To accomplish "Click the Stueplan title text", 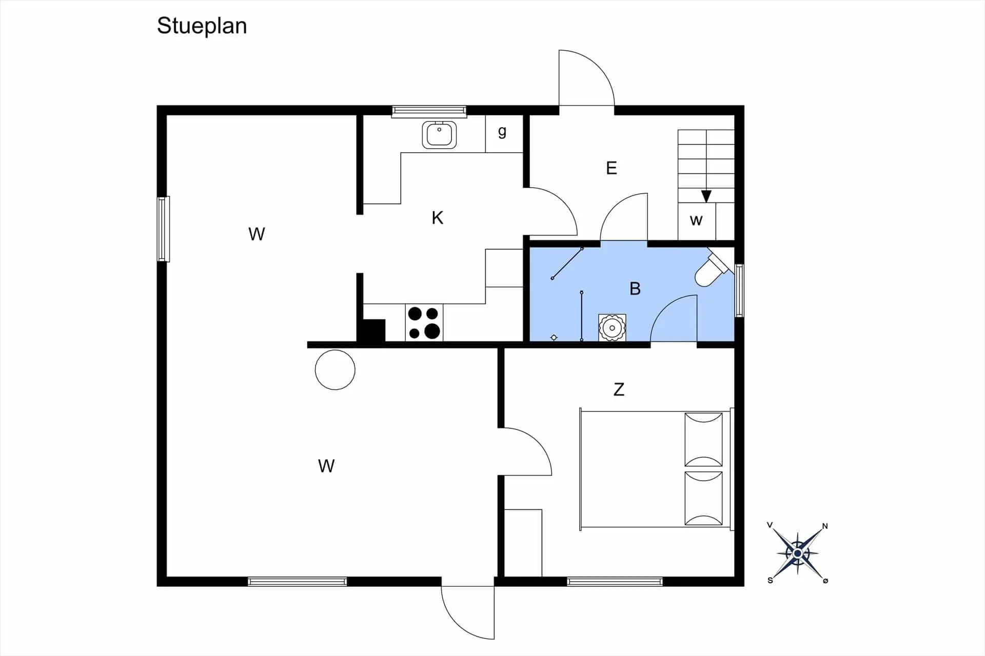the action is pyautogui.click(x=202, y=26).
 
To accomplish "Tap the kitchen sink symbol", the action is pyautogui.click(x=439, y=135).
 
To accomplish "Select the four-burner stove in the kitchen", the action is pyautogui.click(x=424, y=322).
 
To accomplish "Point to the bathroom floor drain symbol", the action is pyautogui.click(x=554, y=337).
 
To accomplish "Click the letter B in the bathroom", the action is pyautogui.click(x=635, y=289).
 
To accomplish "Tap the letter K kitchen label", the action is pyautogui.click(x=437, y=218).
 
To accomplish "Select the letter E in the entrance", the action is pyautogui.click(x=611, y=168).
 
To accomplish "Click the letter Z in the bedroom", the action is pyautogui.click(x=619, y=389).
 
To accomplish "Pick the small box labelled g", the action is pyautogui.click(x=504, y=134).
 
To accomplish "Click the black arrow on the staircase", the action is pyautogui.click(x=706, y=196).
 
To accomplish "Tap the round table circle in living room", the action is pyautogui.click(x=335, y=370).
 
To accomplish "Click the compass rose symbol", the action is pyautogui.click(x=798, y=553).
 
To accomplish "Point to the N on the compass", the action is pyautogui.click(x=825, y=526).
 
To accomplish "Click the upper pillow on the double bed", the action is pyautogui.click(x=703, y=439).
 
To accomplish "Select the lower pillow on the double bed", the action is pyautogui.click(x=703, y=498).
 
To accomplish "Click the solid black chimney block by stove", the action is pyautogui.click(x=371, y=331).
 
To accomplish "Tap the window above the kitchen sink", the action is pyautogui.click(x=429, y=111).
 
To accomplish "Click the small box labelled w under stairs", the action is pyautogui.click(x=697, y=221).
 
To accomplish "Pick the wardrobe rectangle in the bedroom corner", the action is pyautogui.click(x=523, y=543).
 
